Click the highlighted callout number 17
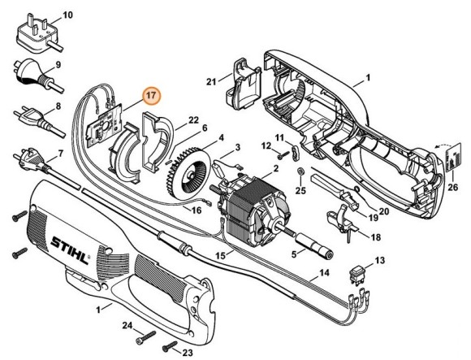152,96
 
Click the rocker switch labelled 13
357,274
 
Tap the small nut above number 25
300,171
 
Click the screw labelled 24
146,336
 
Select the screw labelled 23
170,345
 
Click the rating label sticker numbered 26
453,157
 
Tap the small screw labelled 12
283,155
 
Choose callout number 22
194,120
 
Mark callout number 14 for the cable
324,273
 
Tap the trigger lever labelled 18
343,221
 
